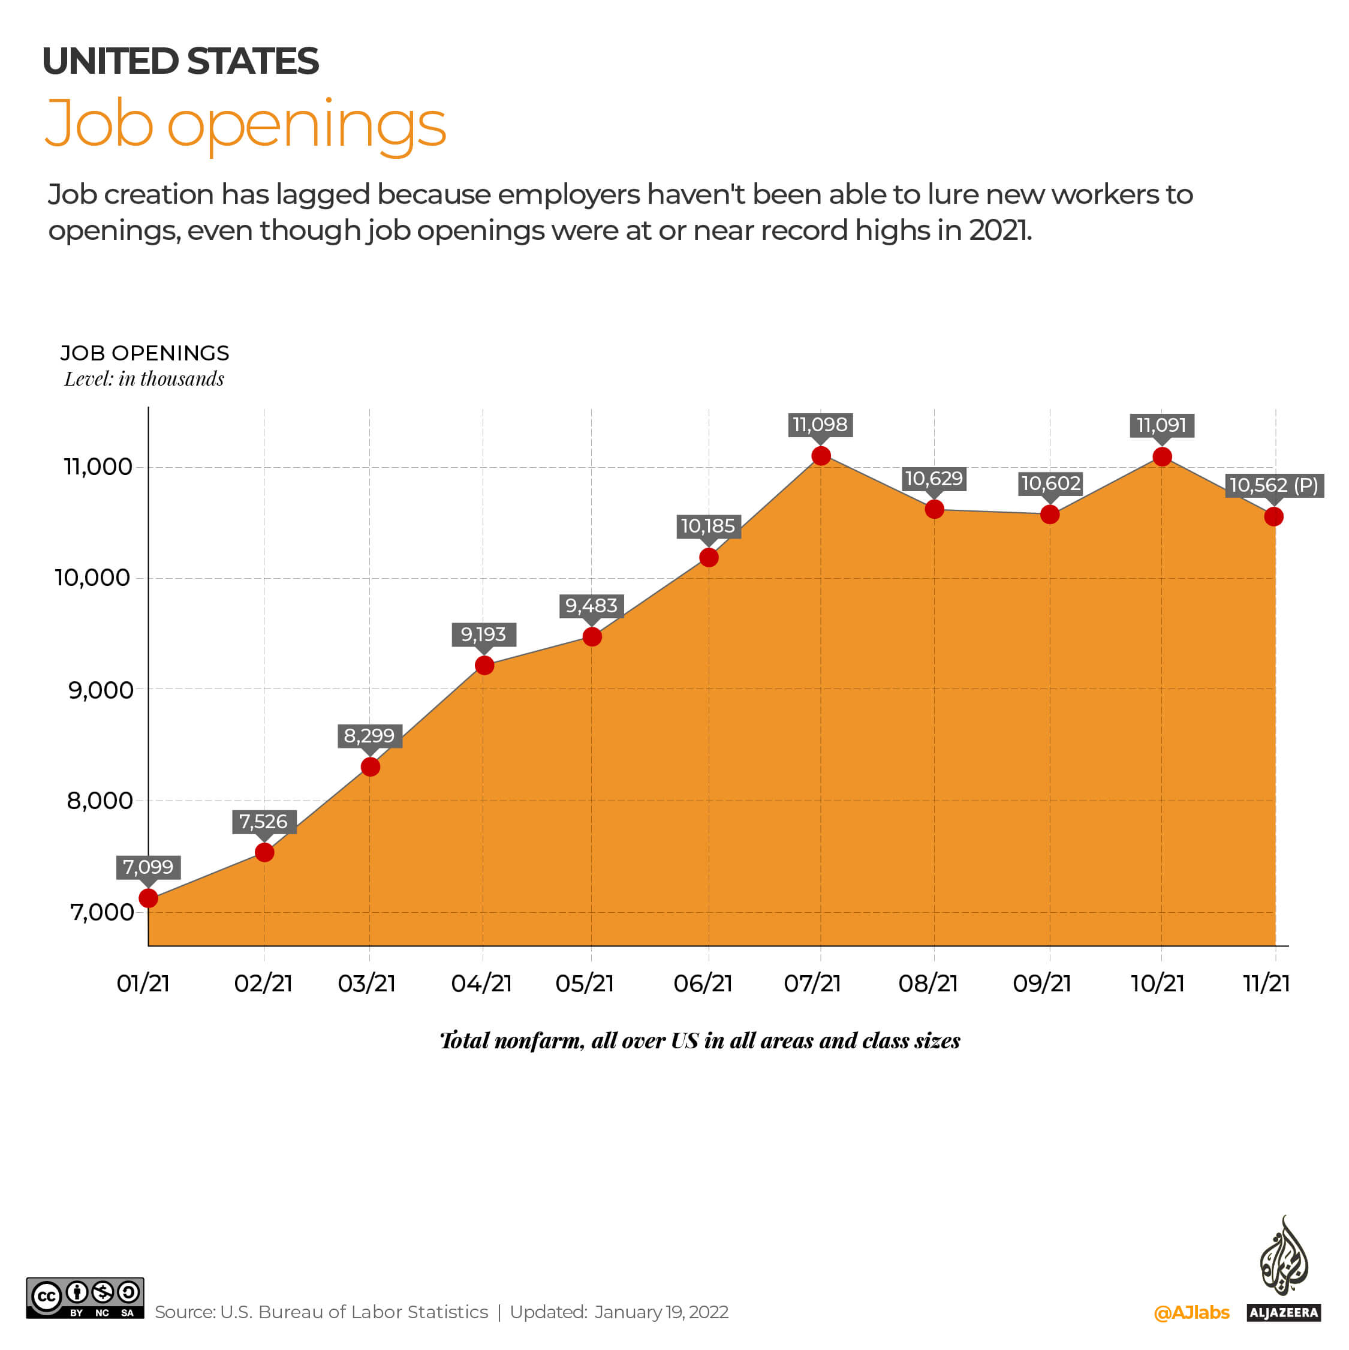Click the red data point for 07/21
pos(821,456)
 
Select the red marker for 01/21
pos(148,898)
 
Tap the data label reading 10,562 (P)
pos(1273,485)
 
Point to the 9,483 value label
pos(591,605)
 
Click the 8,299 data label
pos(369,735)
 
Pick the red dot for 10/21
pos(1162,456)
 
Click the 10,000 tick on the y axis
pos(92,578)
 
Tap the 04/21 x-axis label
pos(481,983)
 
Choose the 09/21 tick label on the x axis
pos(1041,983)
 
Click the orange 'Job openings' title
pos(245,124)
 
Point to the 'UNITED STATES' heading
pos(180,62)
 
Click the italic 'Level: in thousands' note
pos(144,378)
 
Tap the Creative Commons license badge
pos(85,1298)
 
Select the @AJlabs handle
pos(1191,1312)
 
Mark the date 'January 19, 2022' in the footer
pos(661,1312)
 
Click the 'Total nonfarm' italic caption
pos(699,1041)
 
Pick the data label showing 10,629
pos(934,479)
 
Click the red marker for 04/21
pos(484,665)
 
